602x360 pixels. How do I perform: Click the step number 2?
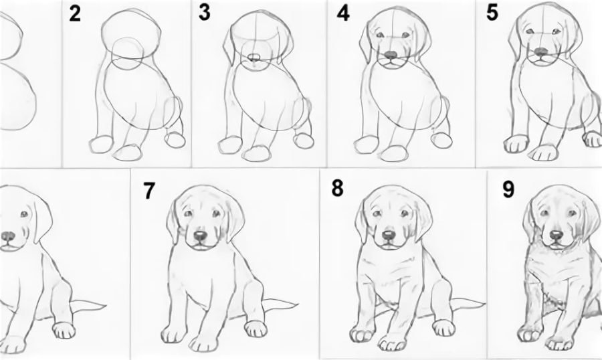coord(75,14)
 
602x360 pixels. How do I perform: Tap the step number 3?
coord(205,12)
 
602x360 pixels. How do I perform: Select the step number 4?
coord(343,14)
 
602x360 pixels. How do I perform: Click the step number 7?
coord(149,191)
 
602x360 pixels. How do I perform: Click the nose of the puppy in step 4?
coord(391,55)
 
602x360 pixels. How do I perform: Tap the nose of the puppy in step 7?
coord(199,236)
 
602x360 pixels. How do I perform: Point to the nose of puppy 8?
coord(388,235)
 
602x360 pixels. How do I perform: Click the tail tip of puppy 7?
coord(298,305)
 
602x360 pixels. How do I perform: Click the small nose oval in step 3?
coord(254,58)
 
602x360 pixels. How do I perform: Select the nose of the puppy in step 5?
coord(541,51)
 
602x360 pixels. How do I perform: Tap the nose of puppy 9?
coord(556,234)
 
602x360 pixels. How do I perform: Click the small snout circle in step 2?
coord(128,54)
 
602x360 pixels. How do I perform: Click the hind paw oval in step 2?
coord(175,139)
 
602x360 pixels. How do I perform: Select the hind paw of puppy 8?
coord(444,328)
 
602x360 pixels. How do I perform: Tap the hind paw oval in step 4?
coord(441,140)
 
